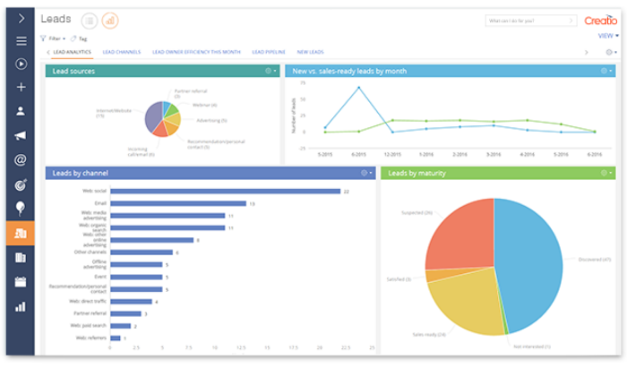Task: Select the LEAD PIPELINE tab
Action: (268, 52)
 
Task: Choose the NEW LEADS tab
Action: (312, 52)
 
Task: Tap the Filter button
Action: (53, 38)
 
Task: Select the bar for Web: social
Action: (224, 191)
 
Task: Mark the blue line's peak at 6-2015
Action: (359, 88)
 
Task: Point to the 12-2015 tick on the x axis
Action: (392, 154)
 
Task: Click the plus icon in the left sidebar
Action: (20, 88)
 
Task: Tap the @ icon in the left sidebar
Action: (20, 160)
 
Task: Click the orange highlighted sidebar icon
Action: (20, 234)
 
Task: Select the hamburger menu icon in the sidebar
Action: (20, 40)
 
